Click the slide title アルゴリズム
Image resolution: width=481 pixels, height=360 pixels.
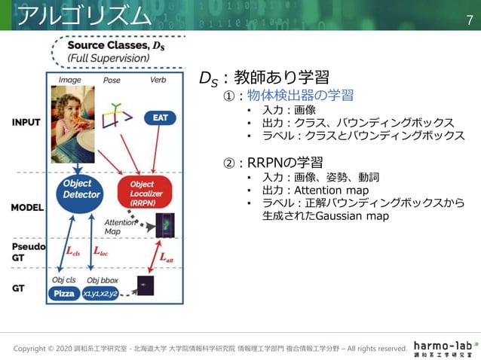83,14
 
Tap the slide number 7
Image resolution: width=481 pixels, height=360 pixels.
468,16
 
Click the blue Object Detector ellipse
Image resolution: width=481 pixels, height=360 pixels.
77,189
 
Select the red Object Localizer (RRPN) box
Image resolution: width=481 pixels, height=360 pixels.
145,193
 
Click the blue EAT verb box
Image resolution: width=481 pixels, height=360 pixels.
161,117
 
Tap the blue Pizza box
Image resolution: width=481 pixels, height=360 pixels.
64,294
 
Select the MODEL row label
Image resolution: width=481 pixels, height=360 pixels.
26,207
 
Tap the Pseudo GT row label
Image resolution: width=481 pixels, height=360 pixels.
27,252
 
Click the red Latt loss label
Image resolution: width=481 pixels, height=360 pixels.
170,258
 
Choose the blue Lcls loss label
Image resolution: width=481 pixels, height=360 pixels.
72,252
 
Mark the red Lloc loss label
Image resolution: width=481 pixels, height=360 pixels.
100,252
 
